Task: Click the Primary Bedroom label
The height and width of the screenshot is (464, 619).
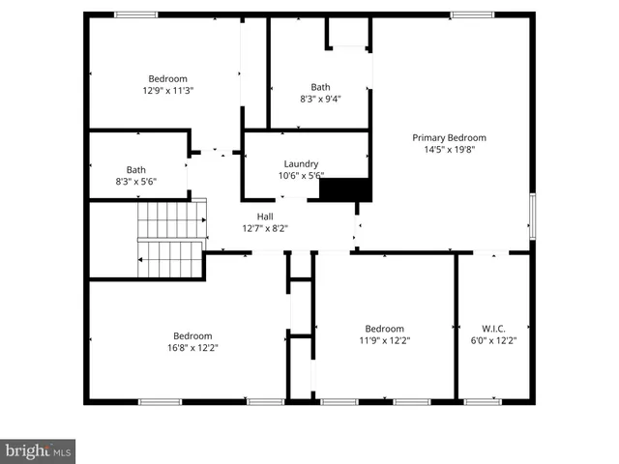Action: pyautogui.click(x=449, y=137)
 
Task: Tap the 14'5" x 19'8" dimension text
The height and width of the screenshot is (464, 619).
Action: pyautogui.click(x=449, y=150)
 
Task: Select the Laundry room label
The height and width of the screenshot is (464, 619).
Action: pyautogui.click(x=301, y=164)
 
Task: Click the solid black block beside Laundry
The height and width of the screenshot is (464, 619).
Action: pyautogui.click(x=345, y=189)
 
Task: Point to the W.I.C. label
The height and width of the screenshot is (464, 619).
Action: pyautogui.click(x=493, y=329)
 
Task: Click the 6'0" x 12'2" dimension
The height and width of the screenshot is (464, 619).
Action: pyautogui.click(x=493, y=341)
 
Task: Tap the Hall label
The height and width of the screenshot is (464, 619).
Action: pyautogui.click(x=264, y=217)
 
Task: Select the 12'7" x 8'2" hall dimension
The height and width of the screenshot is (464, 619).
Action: pyautogui.click(x=264, y=229)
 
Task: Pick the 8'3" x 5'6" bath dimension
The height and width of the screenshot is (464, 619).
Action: pyautogui.click(x=136, y=182)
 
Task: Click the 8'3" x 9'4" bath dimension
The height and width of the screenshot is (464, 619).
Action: pyautogui.click(x=320, y=99)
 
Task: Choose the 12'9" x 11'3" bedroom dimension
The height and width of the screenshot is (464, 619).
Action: pyautogui.click(x=167, y=91)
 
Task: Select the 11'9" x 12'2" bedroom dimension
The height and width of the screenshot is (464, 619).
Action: pyautogui.click(x=384, y=341)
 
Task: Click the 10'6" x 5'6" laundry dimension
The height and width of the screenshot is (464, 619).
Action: pyautogui.click(x=301, y=176)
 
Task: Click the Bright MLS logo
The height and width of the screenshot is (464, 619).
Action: pyautogui.click(x=38, y=450)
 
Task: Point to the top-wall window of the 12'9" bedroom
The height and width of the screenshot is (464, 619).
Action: pyautogui.click(x=135, y=14)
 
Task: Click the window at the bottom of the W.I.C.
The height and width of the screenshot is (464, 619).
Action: pyautogui.click(x=482, y=401)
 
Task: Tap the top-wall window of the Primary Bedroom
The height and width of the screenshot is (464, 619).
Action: pyautogui.click(x=471, y=14)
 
